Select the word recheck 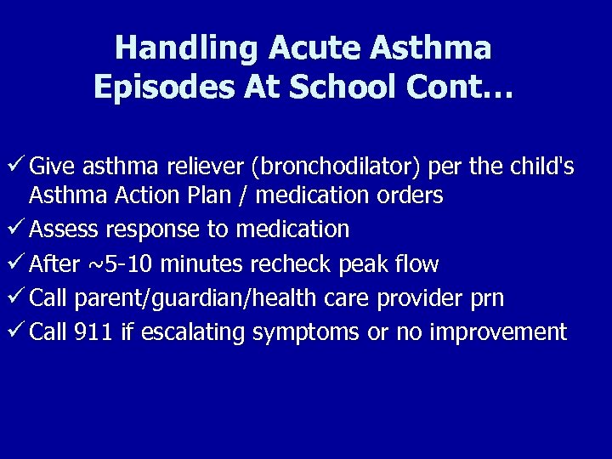(292, 264)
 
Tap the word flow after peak (416, 264)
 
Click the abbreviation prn (486, 298)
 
